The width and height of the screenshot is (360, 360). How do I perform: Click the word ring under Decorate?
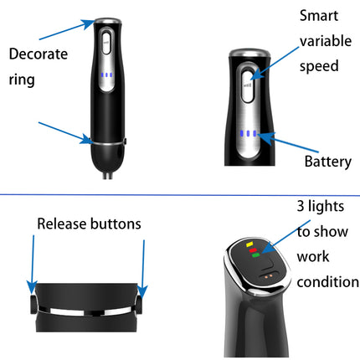click(x=22, y=80)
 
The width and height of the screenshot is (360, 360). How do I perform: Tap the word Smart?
click(x=321, y=16)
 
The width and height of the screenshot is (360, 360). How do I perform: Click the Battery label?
click(x=327, y=162)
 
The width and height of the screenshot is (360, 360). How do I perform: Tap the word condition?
click(x=327, y=281)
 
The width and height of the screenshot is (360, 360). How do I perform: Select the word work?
click(x=314, y=256)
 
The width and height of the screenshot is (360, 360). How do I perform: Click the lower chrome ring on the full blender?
click(x=106, y=141)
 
